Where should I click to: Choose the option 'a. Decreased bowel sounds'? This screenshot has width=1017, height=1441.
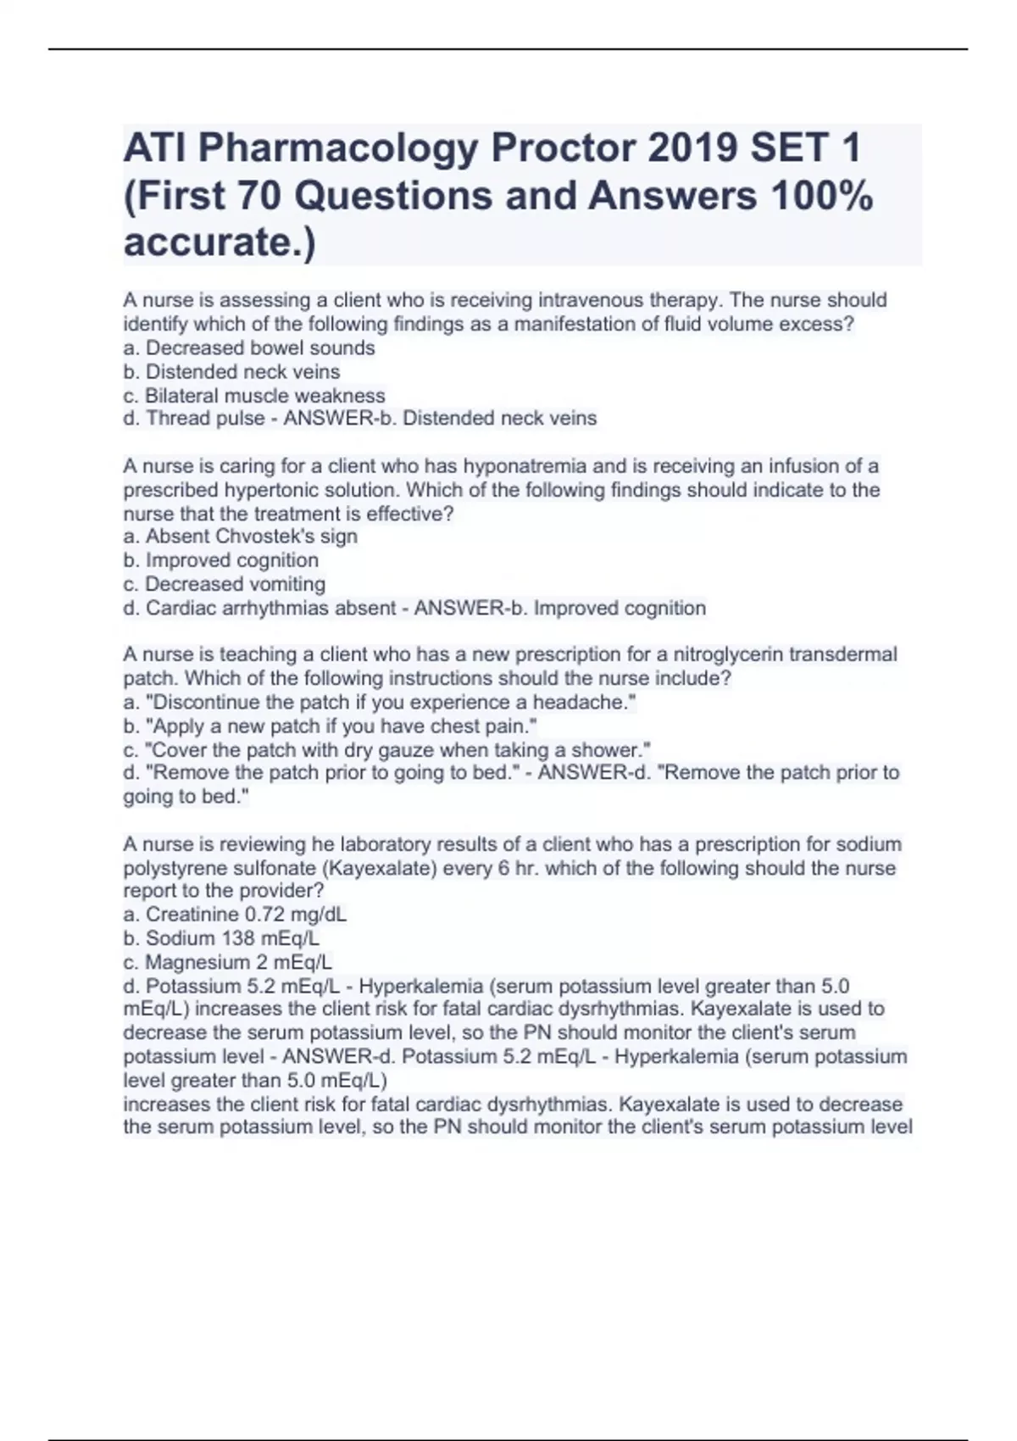coord(249,348)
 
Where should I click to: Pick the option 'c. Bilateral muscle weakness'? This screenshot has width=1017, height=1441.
coord(254,396)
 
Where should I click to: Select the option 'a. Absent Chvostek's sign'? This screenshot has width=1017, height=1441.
coord(241,537)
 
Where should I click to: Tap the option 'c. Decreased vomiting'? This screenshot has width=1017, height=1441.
coord(225,584)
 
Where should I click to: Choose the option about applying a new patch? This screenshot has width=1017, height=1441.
coord(331,726)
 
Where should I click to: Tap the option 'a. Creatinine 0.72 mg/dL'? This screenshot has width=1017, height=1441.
coord(236,915)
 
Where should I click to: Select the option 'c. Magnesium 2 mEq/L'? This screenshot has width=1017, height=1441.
coord(228,962)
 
